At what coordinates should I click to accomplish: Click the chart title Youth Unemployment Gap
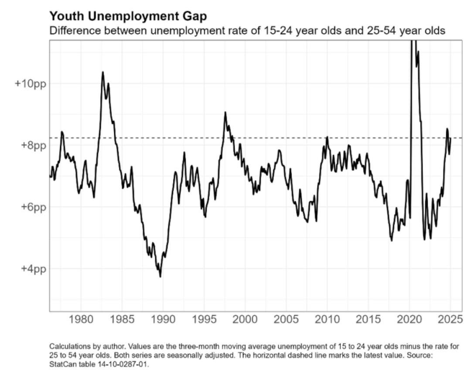click(128, 17)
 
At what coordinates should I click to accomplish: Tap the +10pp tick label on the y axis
click(30, 84)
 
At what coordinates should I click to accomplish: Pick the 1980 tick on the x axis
click(81, 320)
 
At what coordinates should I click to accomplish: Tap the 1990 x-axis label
click(163, 320)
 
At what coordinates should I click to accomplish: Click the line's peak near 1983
click(103, 72)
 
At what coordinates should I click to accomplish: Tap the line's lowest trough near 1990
click(160, 277)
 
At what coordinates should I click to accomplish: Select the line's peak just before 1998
click(225, 113)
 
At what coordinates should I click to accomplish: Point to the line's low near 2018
click(391, 240)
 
